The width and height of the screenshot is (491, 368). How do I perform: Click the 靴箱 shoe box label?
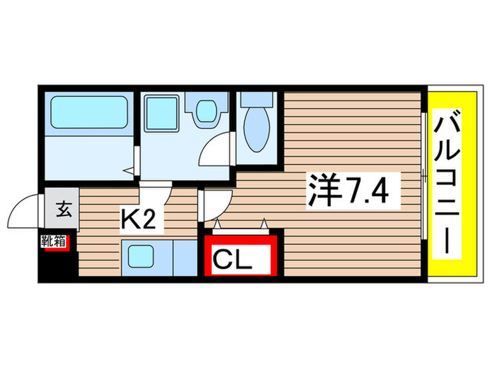53,243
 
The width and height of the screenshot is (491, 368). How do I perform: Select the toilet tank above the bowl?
250,100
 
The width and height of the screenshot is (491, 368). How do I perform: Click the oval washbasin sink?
206,111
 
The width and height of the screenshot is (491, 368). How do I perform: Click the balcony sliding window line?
425,175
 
